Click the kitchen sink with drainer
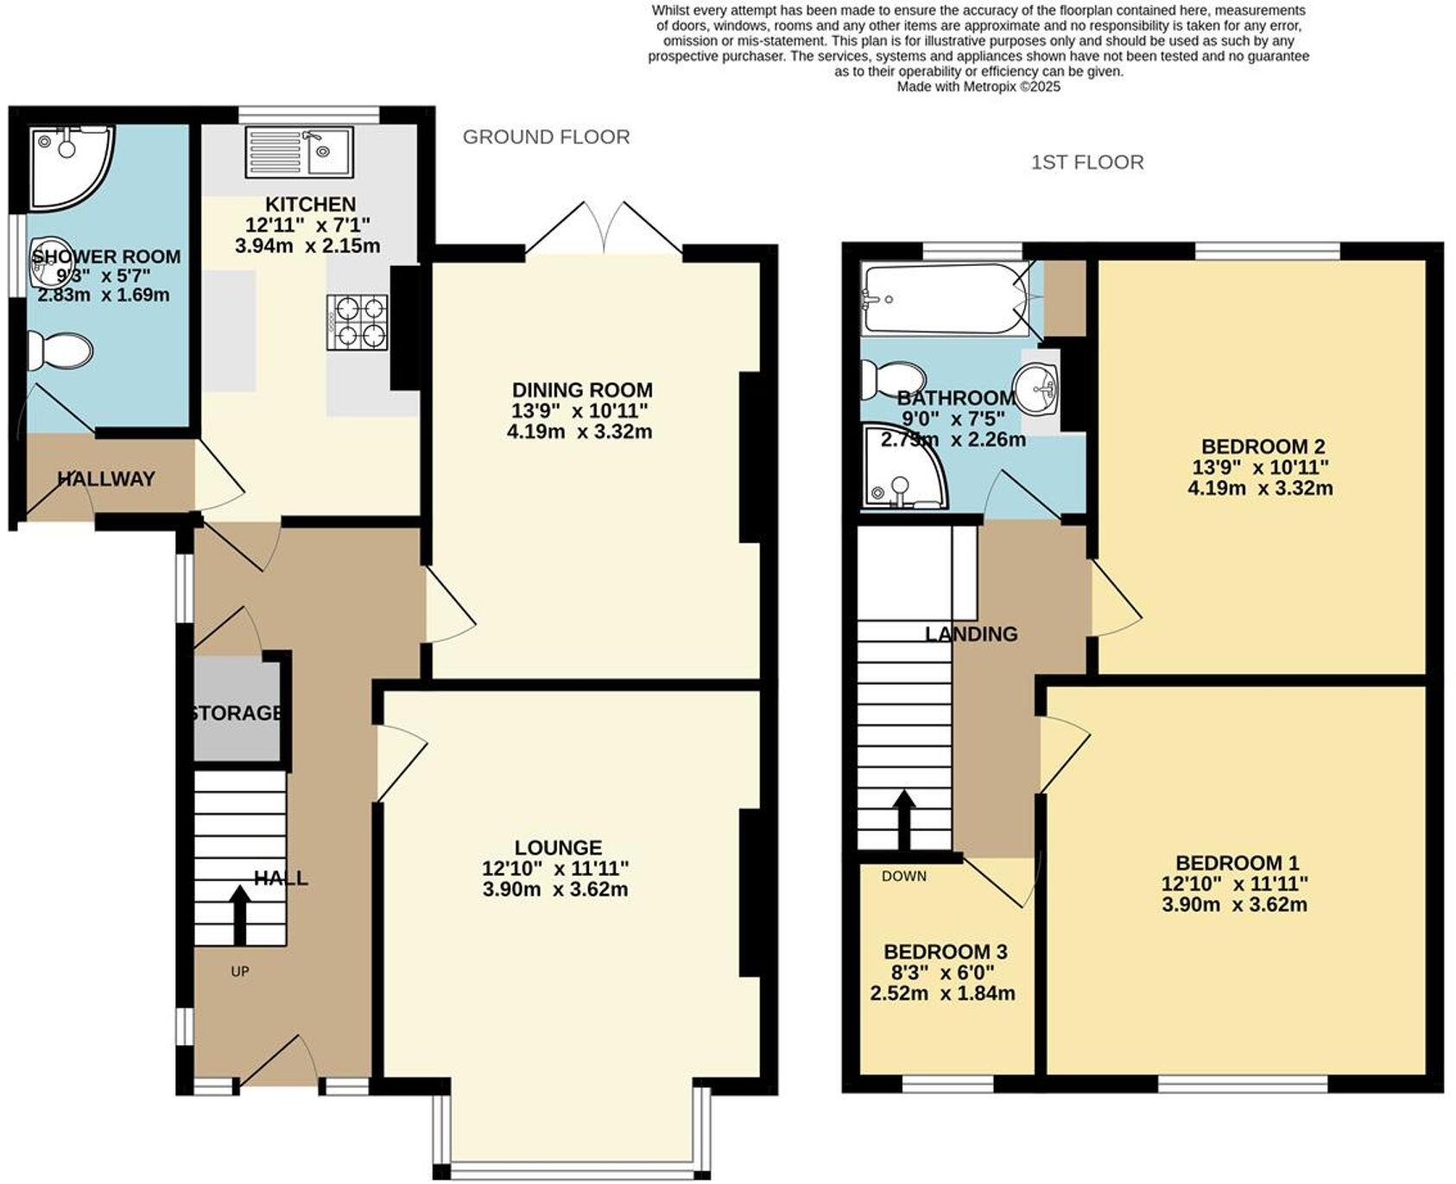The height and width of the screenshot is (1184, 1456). [x=299, y=153]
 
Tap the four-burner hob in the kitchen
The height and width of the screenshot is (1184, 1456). [x=357, y=322]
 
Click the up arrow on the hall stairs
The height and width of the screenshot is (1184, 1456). [x=240, y=915]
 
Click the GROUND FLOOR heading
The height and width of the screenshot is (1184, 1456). [x=546, y=137]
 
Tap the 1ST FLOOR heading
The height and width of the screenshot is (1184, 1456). [x=1086, y=162]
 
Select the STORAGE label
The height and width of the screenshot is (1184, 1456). [x=236, y=713]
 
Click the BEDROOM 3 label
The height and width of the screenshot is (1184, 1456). [x=945, y=952]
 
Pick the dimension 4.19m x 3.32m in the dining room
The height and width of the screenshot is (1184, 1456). [x=579, y=431]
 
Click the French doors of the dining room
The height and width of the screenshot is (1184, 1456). [x=605, y=229]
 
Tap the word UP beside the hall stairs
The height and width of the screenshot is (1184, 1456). [x=240, y=972]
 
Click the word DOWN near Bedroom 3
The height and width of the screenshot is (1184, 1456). [x=903, y=876]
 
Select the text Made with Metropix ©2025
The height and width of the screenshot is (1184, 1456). [x=978, y=86]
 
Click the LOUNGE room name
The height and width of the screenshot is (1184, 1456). [x=558, y=847]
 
